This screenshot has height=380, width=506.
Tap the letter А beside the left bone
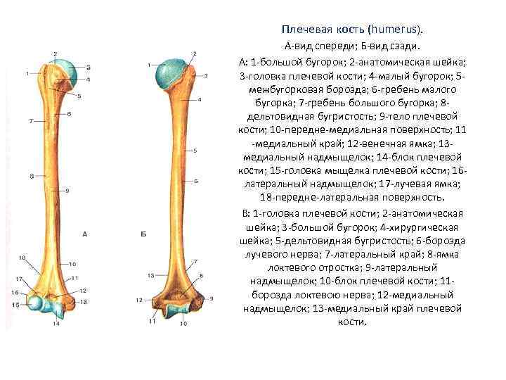(x=84, y=234)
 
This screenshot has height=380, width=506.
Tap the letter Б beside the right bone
(x=143, y=234)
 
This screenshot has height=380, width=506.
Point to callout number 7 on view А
(x=31, y=121)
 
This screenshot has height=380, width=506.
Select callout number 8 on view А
(x=31, y=175)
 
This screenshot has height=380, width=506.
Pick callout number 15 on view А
(x=15, y=304)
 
